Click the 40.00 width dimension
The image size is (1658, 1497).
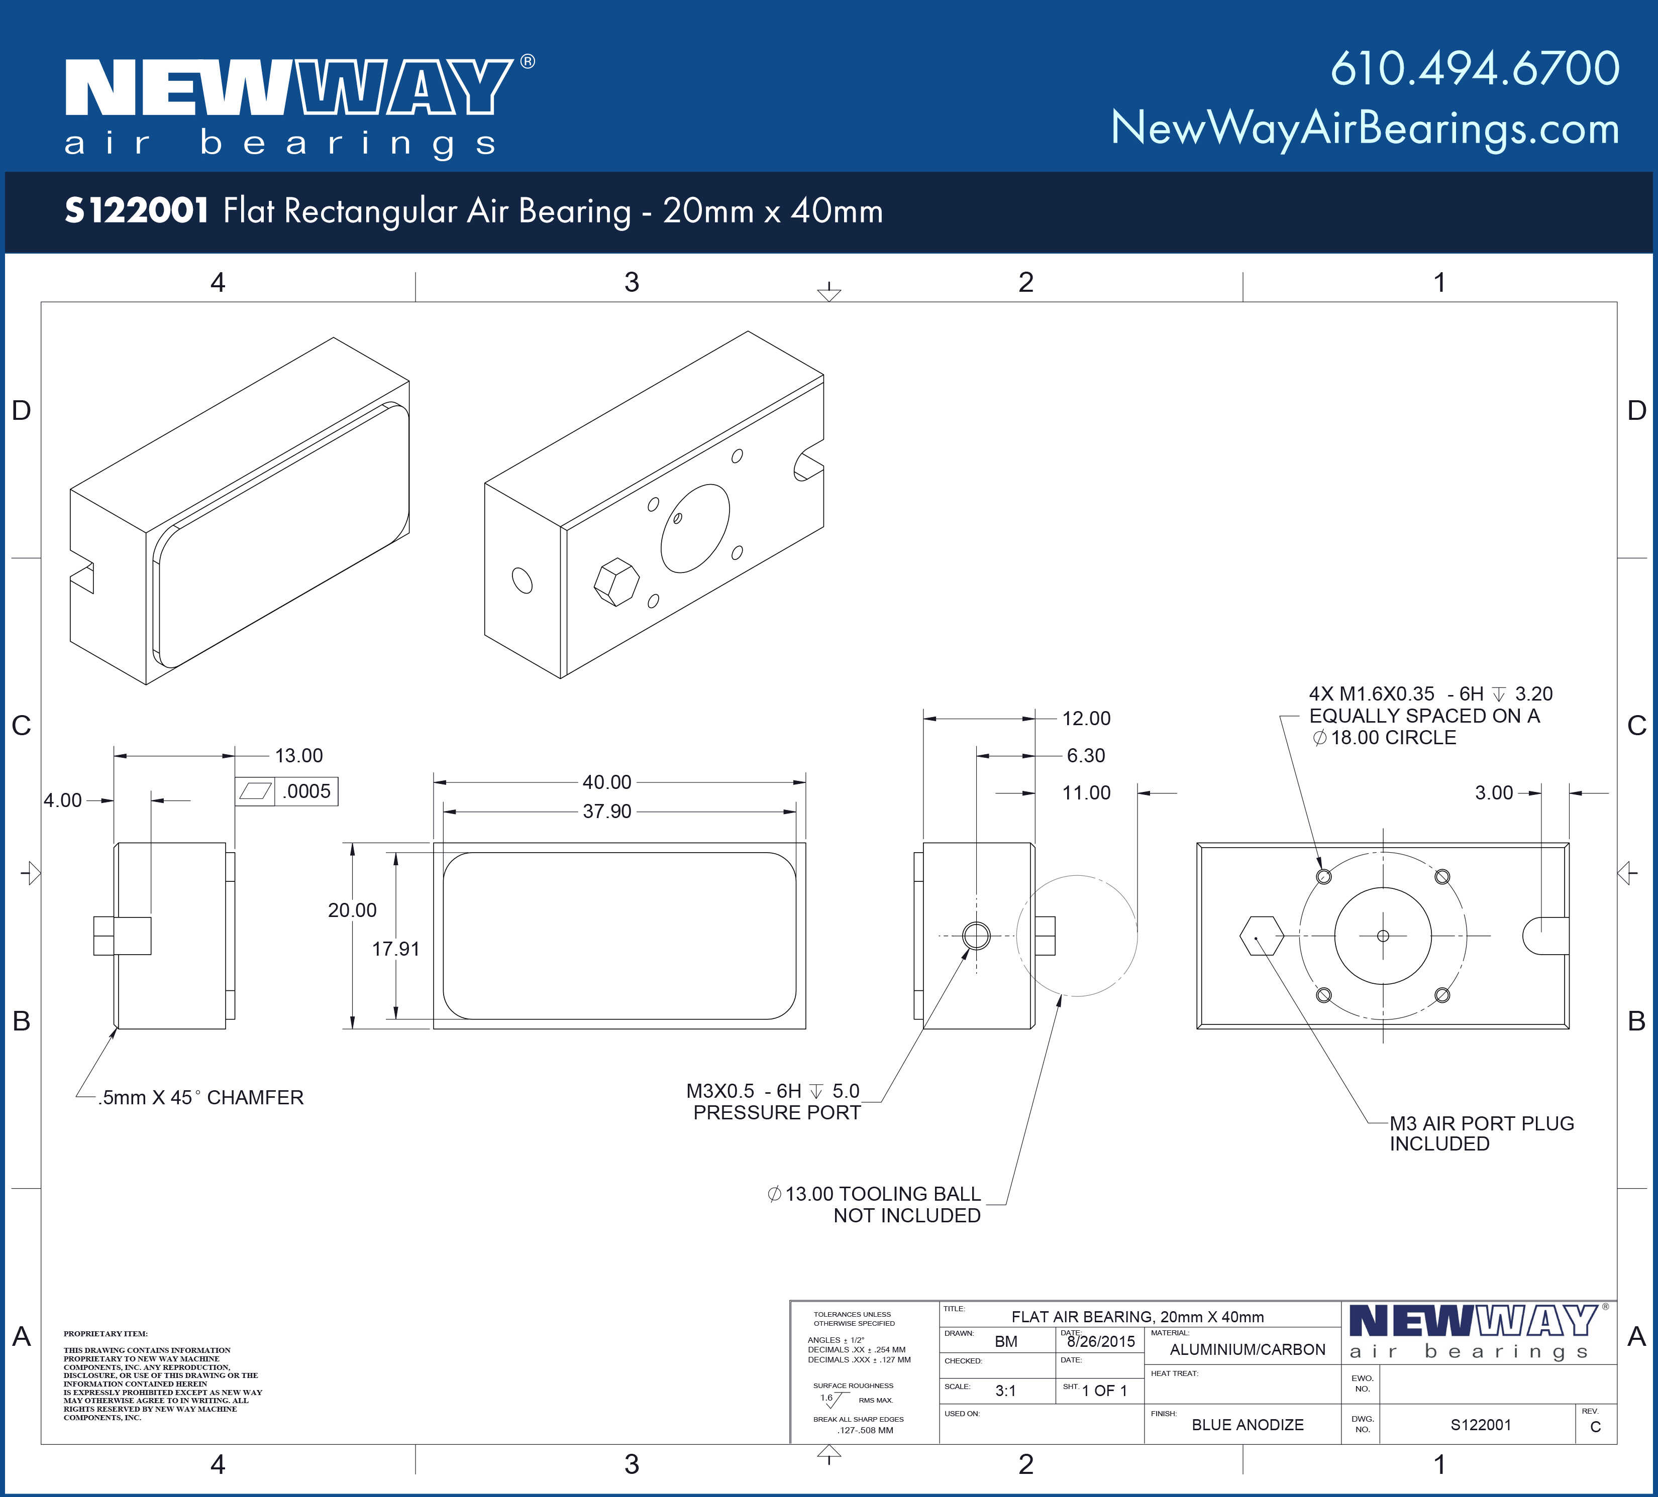pyautogui.click(x=607, y=782)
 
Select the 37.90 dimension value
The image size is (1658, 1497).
pyautogui.click(x=607, y=812)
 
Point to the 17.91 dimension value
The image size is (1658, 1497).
pyautogui.click(x=395, y=949)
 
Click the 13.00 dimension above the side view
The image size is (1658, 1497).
pyautogui.click(x=298, y=755)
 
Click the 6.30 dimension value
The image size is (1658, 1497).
pyautogui.click(x=1086, y=755)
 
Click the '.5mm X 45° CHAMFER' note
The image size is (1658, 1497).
pyautogui.click(x=200, y=1097)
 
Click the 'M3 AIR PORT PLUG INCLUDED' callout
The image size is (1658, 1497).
pyautogui.click(x=1481, y=1133)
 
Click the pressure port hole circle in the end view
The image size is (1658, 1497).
pyautogui.click(x=976, y=936)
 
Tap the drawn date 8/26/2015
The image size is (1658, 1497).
pyautogui.click(x=1100, y=1342)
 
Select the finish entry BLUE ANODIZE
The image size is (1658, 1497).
pyautogui.click(x=1247, y=1425)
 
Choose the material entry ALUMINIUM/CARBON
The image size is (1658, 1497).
pyautogui.click(x=1247, y=1349)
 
